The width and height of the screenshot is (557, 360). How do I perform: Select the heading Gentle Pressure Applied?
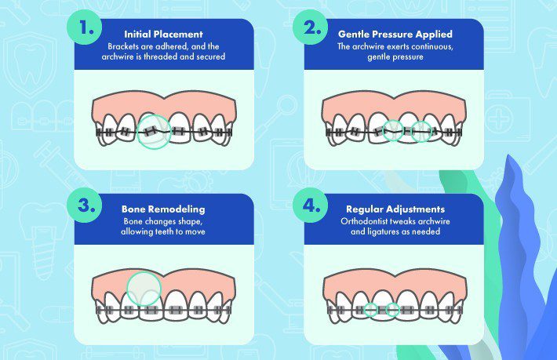[x=394, y=35]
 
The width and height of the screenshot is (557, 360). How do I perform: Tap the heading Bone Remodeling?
[x=164, y=209]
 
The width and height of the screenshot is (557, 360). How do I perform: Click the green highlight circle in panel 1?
[x=155, y=131]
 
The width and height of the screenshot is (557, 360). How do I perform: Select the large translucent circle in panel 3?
[x=144, y=288]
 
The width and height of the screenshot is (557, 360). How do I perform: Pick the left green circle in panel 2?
[x=394, y=131]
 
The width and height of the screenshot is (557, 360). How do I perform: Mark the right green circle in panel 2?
[x=422, y=131]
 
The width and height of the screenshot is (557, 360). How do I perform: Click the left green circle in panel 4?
[x=370, y=310]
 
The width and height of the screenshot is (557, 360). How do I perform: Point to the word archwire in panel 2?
[x=371, y=46]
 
